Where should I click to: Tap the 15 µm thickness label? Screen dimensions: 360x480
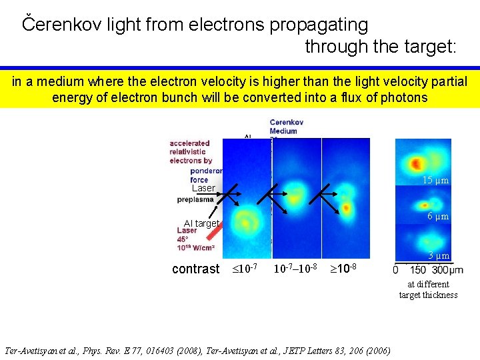[x=436, y=181]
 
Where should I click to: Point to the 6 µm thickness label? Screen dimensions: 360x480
[x=438, y=216]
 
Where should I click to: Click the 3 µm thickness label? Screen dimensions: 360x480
[x=439, y=255]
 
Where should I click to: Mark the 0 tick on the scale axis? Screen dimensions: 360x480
[x=397, y=270]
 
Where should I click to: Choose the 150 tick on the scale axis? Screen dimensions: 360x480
[x=418, y=270]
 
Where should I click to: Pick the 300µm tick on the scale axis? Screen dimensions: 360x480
[x=447, y=270]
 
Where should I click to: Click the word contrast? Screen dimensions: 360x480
[x=195, y=269]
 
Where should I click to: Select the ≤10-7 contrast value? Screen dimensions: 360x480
[x=245, y=269]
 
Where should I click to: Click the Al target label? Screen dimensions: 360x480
[x=201, y=223]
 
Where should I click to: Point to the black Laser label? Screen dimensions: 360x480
[x=203, y=188]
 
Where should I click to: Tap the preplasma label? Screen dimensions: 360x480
[x=195, y=199]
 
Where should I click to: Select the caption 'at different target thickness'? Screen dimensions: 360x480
[x=428, y=289]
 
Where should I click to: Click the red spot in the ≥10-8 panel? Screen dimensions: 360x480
[x=348, y=208]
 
